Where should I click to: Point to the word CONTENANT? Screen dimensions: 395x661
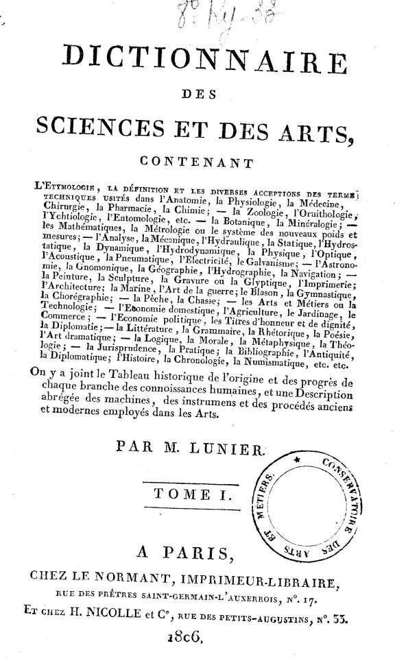click(196, 162)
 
